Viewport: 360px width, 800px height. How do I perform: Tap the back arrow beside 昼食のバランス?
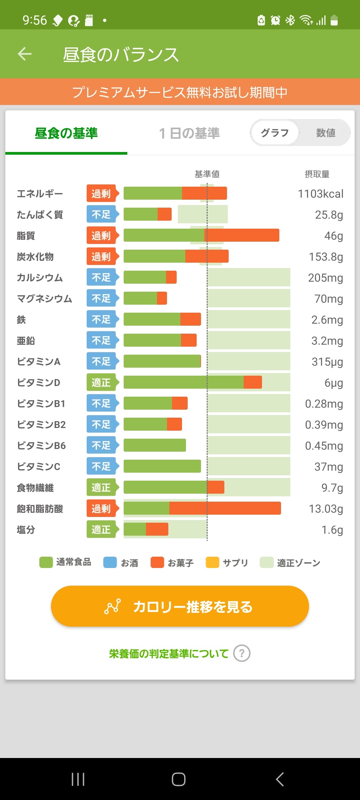coord(25,54)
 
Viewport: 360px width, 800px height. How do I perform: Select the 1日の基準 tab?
coord(189,133)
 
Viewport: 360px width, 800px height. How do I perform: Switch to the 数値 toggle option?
coord(325,133)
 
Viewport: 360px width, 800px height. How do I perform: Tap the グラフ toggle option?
coord(275,133)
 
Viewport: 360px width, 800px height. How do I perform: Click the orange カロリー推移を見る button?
coord(180,606)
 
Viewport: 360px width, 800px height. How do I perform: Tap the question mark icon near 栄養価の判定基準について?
coord(242,653)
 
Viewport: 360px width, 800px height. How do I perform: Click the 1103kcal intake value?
coord(320,194)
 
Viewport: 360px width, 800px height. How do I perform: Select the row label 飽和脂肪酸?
coord(40,509)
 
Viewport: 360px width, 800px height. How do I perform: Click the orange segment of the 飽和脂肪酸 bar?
coord(225,508)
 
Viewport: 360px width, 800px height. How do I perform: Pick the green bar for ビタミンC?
coord(162,466)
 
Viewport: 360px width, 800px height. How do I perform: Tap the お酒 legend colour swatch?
coord(110,562)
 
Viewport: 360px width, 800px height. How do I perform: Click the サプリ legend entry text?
coord(235,563)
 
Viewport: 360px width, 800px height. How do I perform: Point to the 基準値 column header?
coord(207,174)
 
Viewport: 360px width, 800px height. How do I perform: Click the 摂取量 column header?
coord(317,174)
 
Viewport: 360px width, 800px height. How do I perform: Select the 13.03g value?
coord(326,509)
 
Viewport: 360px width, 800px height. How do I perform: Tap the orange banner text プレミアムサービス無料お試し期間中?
coord(180,92)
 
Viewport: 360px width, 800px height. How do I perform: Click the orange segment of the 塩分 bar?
coord(157,529)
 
